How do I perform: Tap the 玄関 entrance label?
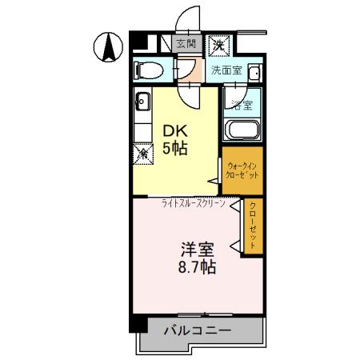186,45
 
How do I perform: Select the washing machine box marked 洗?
218,45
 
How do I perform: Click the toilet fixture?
147,70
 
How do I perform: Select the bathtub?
242,130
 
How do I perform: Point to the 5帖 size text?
176,149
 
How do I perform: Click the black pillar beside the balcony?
139,325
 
